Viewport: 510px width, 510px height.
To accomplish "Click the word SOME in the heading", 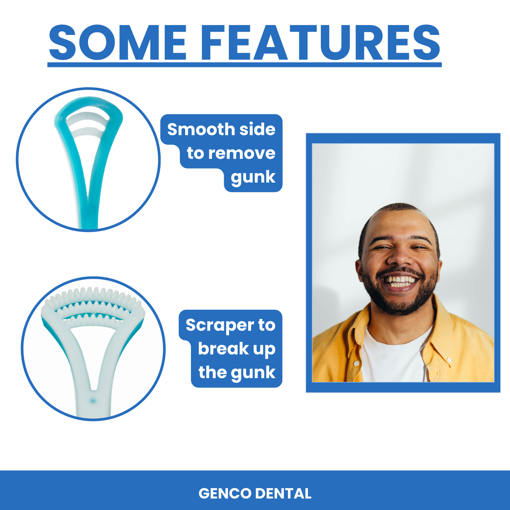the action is (118, 43).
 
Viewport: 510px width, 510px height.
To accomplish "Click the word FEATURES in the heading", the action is (321, 43).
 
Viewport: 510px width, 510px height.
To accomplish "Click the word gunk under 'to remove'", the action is (253, 177).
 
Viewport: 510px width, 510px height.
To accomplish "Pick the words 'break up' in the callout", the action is (236, 349).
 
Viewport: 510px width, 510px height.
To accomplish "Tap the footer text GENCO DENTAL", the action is (255, 493).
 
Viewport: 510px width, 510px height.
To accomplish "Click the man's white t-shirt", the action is (394, 355).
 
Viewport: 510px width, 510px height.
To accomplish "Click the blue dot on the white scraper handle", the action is (92, 401).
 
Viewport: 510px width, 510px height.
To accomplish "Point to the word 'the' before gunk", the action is (212, 372).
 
